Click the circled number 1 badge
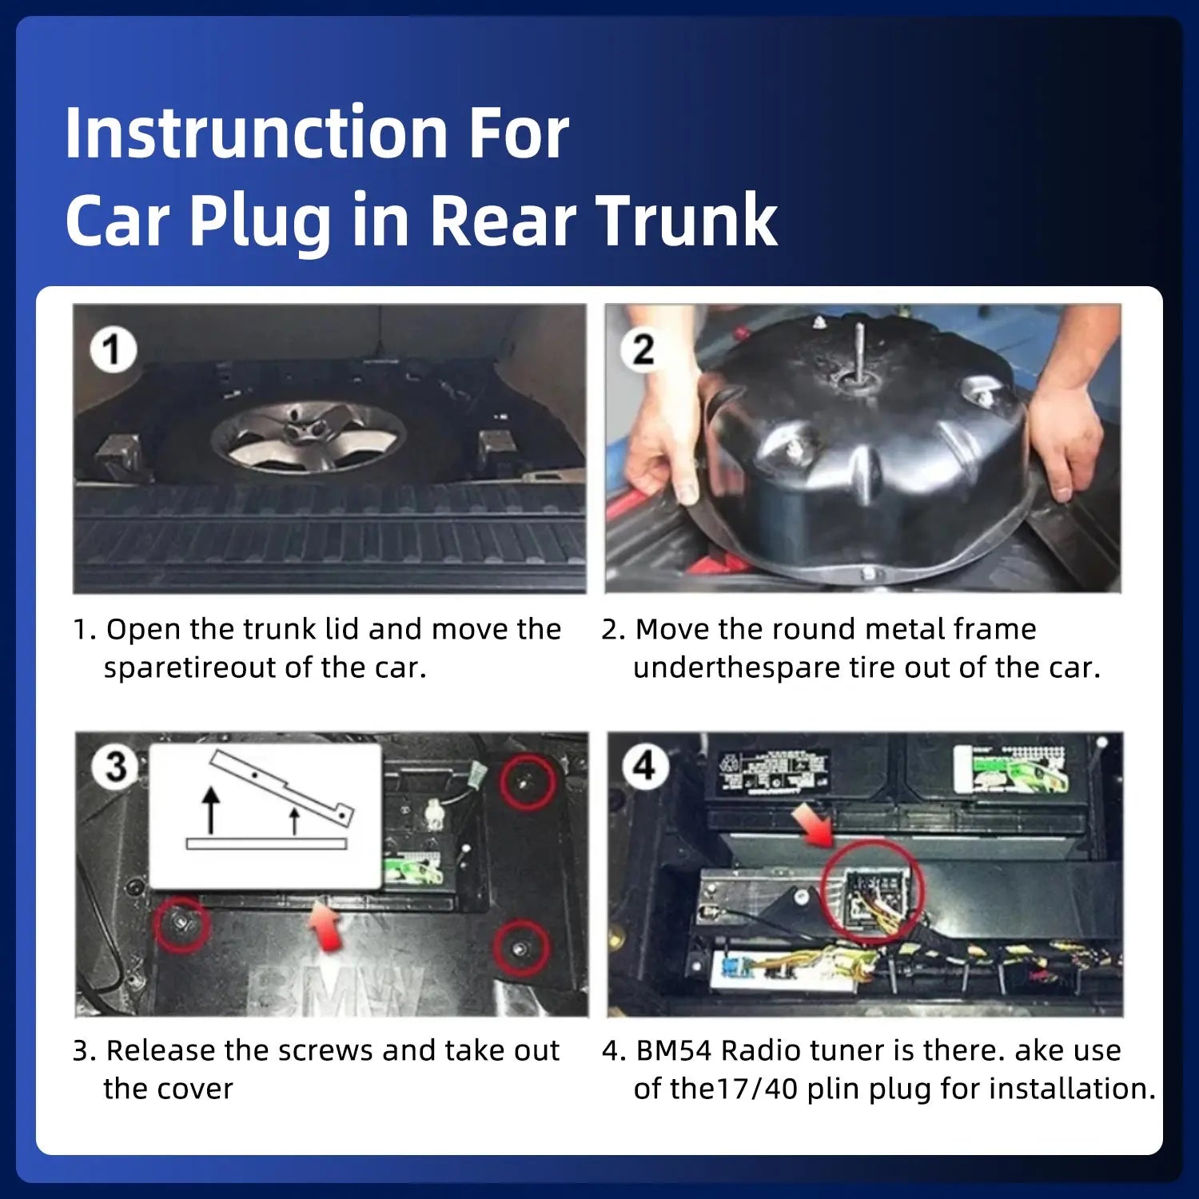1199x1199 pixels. point(113,350)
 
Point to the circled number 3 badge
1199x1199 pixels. point(117,767)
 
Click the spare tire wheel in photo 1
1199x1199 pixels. point(309,437)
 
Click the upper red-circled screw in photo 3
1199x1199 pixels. point(528,783)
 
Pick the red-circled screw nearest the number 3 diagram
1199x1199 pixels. point(181,924)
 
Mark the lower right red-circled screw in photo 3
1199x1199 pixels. point(521,948)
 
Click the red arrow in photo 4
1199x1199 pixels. point(813,825)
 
